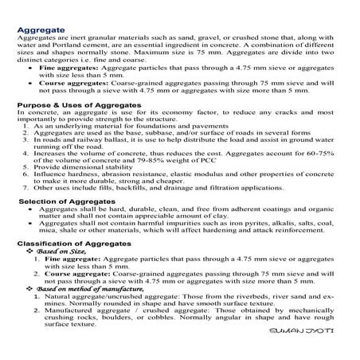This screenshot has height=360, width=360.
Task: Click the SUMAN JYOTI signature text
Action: click(312, 333)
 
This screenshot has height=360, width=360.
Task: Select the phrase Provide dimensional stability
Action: click(80, 166)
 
